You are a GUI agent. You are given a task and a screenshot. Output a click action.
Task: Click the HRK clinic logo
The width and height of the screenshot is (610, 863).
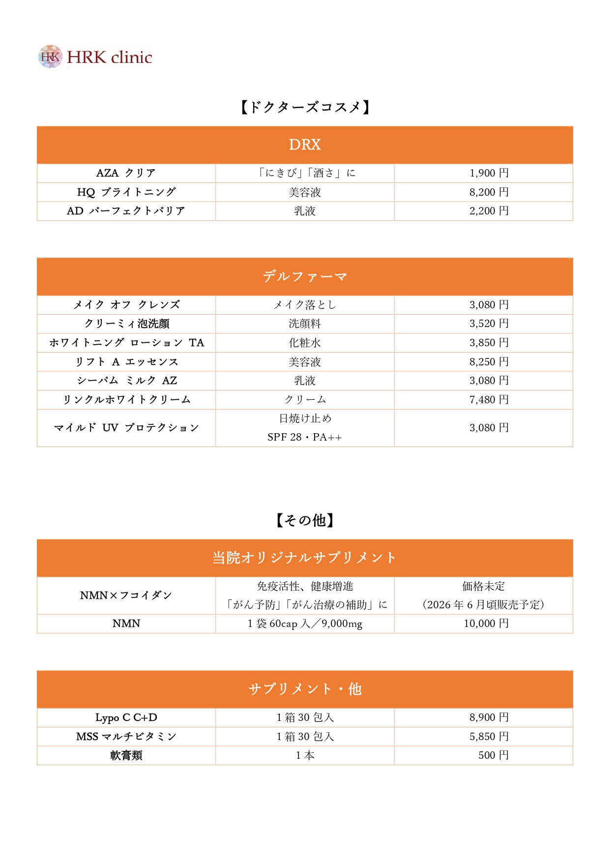pyautogui.click(x=95, y=57)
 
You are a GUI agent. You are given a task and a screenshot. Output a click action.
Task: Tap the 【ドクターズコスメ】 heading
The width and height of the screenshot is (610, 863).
pyautogui.click(x=305, y=107)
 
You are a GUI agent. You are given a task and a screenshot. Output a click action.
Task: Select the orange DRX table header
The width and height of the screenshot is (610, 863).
pyautogui.click(x=305, y=145)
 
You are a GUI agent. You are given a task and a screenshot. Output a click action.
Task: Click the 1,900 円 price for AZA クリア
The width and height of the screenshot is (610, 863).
pyautogui.click(x=489, y=173)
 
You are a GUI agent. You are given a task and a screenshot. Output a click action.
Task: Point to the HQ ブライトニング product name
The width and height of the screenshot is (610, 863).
pyautogui.click(x=126, y=192)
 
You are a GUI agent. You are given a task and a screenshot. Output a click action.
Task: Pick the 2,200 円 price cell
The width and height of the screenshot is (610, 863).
pyautogui.click(x=489, y=211)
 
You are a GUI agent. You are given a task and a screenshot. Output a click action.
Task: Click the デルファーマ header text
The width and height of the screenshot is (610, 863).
pyautogui.click(x=305, y=276)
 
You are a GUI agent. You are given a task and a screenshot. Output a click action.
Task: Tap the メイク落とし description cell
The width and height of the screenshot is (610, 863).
pyautogui.click(x=305, y=305)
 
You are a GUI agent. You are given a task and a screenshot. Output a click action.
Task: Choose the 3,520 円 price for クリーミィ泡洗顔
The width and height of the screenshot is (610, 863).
pyautogui.click(x=489, y=324)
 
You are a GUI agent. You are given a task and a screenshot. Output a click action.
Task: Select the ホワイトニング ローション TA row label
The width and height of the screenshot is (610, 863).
pyautogui.click(x=126, y=343)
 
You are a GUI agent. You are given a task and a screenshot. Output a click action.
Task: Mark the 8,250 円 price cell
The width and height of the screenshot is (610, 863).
pyautogui.click(x=489, y=362)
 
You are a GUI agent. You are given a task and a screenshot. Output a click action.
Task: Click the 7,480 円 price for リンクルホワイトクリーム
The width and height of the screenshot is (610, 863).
pyautogui.click(x=489, y=400)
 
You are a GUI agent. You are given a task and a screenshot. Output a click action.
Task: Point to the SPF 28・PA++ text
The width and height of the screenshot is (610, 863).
pyautogui.click(x=305, y=437)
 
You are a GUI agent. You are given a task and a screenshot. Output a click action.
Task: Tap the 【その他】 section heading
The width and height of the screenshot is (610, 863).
pyautogui.click(x=305, y=520)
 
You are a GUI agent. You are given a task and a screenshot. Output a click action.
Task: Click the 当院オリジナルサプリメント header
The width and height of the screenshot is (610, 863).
pyautogui.click(x=305, y=558)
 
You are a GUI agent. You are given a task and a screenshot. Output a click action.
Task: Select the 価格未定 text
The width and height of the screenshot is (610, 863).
pyautogui.click(x=483, y=586)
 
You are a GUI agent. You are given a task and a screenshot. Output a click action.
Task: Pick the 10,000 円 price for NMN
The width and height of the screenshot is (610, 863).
pyautogui.click(x=486, y=624)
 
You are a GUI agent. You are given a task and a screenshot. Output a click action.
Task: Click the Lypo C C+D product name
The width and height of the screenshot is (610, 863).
pyautogui.click(x=126, y=717)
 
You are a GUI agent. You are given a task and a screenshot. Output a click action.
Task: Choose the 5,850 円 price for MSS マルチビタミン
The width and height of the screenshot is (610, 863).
pyautogui.click(x=489, y=737)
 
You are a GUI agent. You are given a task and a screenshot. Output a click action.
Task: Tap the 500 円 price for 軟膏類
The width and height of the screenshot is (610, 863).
pyautogui.click(x=493, y=755)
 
